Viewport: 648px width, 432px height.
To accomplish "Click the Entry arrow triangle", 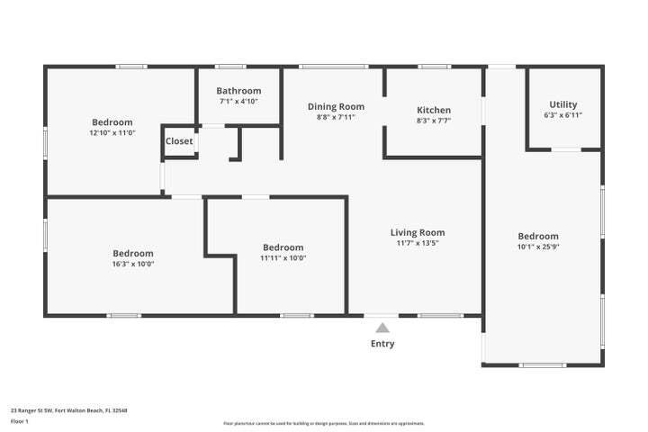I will click(x=382, y=328).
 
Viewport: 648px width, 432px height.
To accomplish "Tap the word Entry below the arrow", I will click(x=382, y=344).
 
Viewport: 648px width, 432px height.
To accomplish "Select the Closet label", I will click(x=179, y=141).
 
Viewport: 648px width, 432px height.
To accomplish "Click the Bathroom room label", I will click(x=238, y=91).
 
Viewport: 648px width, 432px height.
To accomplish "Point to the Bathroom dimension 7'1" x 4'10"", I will click(x=238, y=102).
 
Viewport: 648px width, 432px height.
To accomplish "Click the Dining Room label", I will click(x=336, y=106).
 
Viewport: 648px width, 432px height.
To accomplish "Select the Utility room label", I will click(x=563, y=104).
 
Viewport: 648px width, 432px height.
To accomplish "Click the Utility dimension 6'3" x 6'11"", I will click(x=563, y=115).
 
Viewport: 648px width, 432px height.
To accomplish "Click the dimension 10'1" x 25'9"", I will click(x=537, y=247).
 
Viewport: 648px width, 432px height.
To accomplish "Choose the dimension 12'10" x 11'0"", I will click(x=112, y=133).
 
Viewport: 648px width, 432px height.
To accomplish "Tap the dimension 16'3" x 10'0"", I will click(x=132, y=265).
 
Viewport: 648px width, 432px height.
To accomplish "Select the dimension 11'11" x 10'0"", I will click(x=283, y=258).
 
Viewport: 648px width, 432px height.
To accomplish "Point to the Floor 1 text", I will click(x=20, y=420).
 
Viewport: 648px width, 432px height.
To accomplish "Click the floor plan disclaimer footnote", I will click(x=324, y=423).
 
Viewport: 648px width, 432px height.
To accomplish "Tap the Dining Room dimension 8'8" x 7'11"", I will click(x=336, y=117).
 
